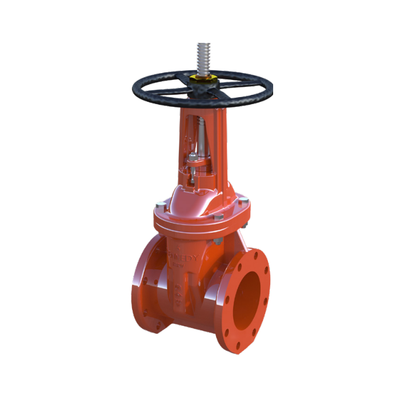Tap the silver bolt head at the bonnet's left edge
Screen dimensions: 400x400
pos(161,203)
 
